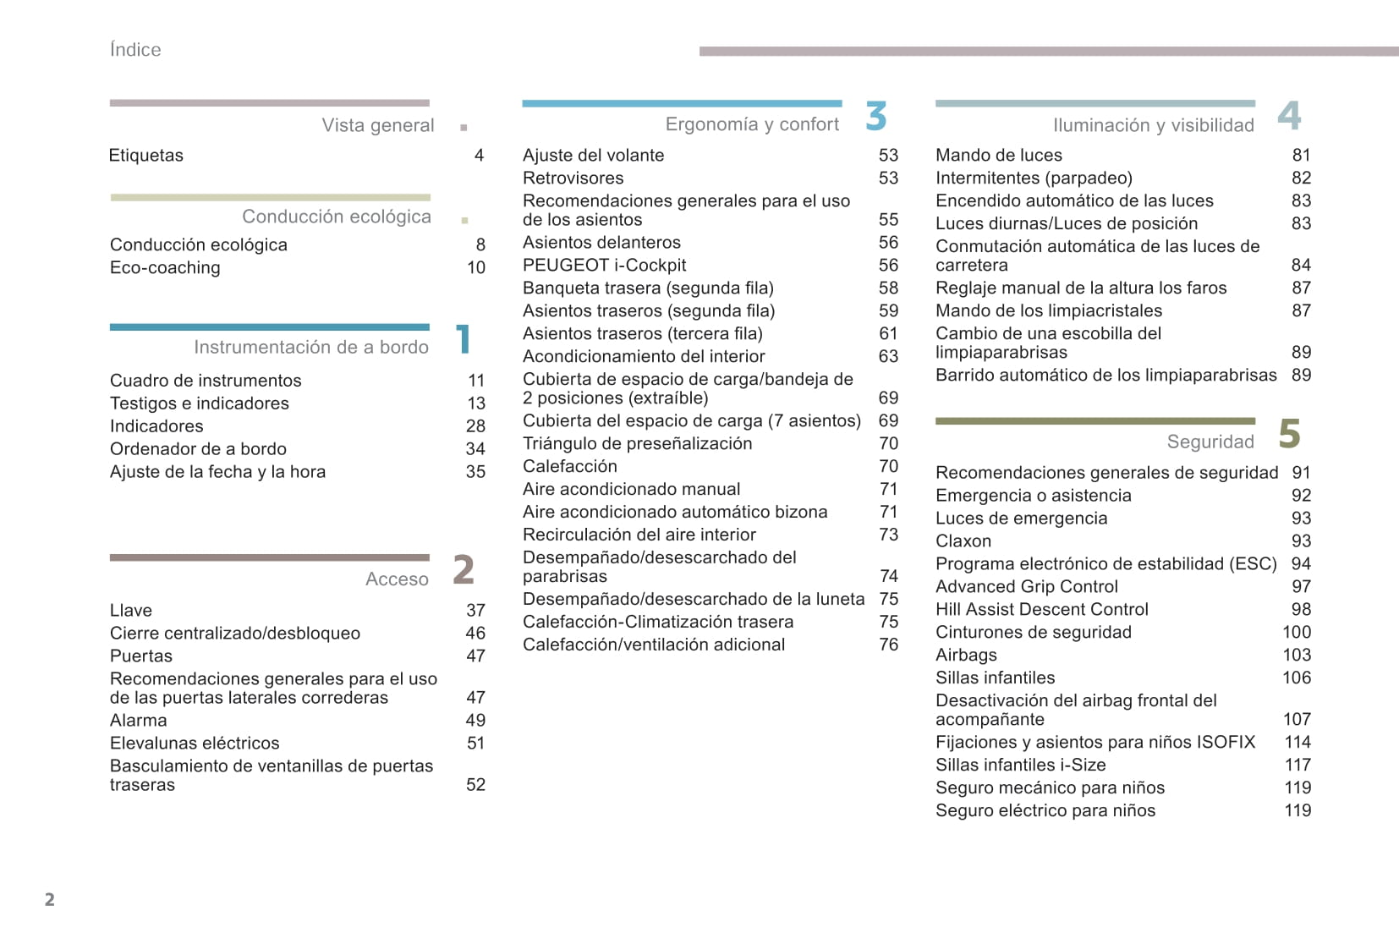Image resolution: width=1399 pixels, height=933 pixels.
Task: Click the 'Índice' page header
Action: (x=135, y=50)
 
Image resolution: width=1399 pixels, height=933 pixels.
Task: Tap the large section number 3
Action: (x=876, y=117)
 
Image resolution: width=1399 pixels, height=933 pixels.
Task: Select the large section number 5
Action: (x=1289, y=434)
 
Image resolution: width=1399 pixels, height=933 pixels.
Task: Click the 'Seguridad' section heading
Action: (x=1210, y=442)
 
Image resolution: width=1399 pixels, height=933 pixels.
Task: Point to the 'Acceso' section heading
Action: (x=397, y=579)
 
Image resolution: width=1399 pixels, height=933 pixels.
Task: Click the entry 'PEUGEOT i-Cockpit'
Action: (x=604, y=266)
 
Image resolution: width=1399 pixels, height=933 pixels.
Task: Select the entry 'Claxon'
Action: (x=963, y=541)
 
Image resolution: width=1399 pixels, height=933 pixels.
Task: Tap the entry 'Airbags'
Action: (x=966, y=656)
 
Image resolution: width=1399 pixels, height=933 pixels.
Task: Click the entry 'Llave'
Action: (x=131, y=611)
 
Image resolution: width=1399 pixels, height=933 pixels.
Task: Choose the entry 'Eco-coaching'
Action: (x=165, y=268)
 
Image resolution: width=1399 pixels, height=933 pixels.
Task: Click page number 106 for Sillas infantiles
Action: (x=1296, y=678)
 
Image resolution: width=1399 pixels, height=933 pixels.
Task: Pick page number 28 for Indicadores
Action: (x=475, y=426)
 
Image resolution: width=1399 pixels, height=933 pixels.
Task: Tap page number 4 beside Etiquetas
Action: (x=479, y=156)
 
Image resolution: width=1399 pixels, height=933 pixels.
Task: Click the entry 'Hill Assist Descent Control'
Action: (x=1041, y=610)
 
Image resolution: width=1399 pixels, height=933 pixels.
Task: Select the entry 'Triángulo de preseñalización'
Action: (x=637, y=444)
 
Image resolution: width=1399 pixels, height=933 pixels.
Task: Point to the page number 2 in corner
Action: (x=50, y=899)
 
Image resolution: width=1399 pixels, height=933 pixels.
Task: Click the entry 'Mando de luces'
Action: (x=998, y=156)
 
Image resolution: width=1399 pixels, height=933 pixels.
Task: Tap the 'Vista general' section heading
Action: (x=377, y=126)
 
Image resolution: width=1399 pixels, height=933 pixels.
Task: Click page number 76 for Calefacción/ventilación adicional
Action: (x=888, y=645)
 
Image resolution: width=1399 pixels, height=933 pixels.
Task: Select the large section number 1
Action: (x=463, y=340)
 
